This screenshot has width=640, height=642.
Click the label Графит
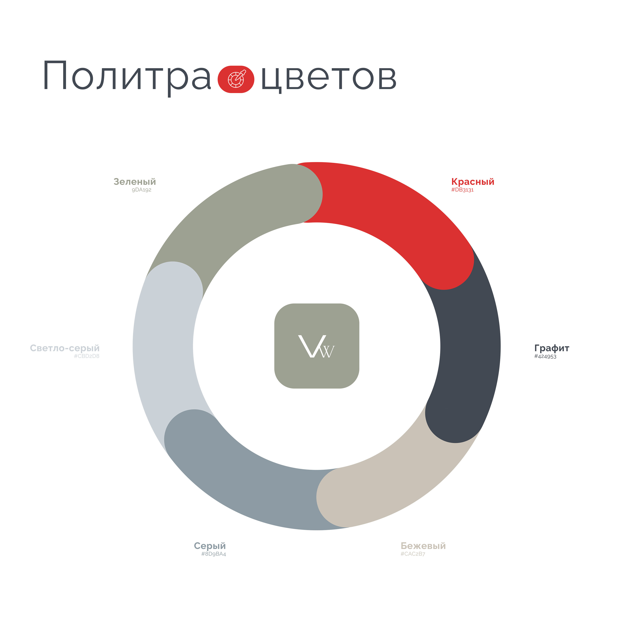click(552, 348)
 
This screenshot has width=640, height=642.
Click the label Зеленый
click(135, 182)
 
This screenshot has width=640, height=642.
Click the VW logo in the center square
click(317, 347)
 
